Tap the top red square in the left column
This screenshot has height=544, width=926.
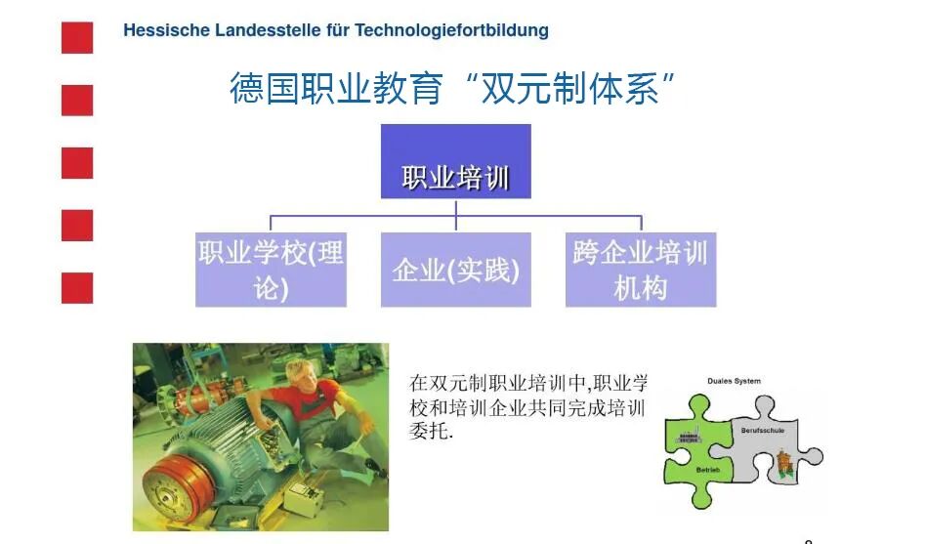coord(77,38)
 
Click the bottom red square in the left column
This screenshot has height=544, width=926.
coord(77,288)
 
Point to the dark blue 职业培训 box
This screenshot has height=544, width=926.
coord(455,162)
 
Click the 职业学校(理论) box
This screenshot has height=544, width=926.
coord(271,270)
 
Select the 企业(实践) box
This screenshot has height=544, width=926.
coord(455,270)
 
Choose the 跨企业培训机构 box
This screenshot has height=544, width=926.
coord(640,270)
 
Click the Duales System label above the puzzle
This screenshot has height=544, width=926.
coord(735,381)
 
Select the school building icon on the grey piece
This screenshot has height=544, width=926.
coord(782,464)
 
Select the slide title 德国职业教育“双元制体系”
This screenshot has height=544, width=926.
coord(454,88)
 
